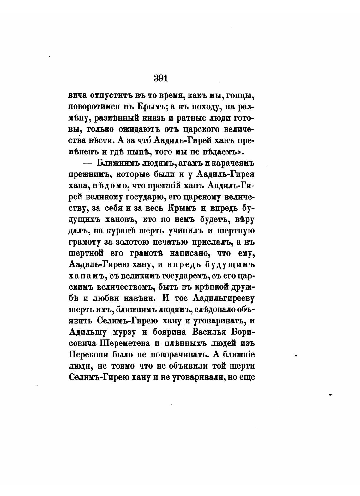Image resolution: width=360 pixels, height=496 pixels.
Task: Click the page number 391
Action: pos(161,78)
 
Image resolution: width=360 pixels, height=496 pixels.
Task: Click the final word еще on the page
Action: pos(247,377)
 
